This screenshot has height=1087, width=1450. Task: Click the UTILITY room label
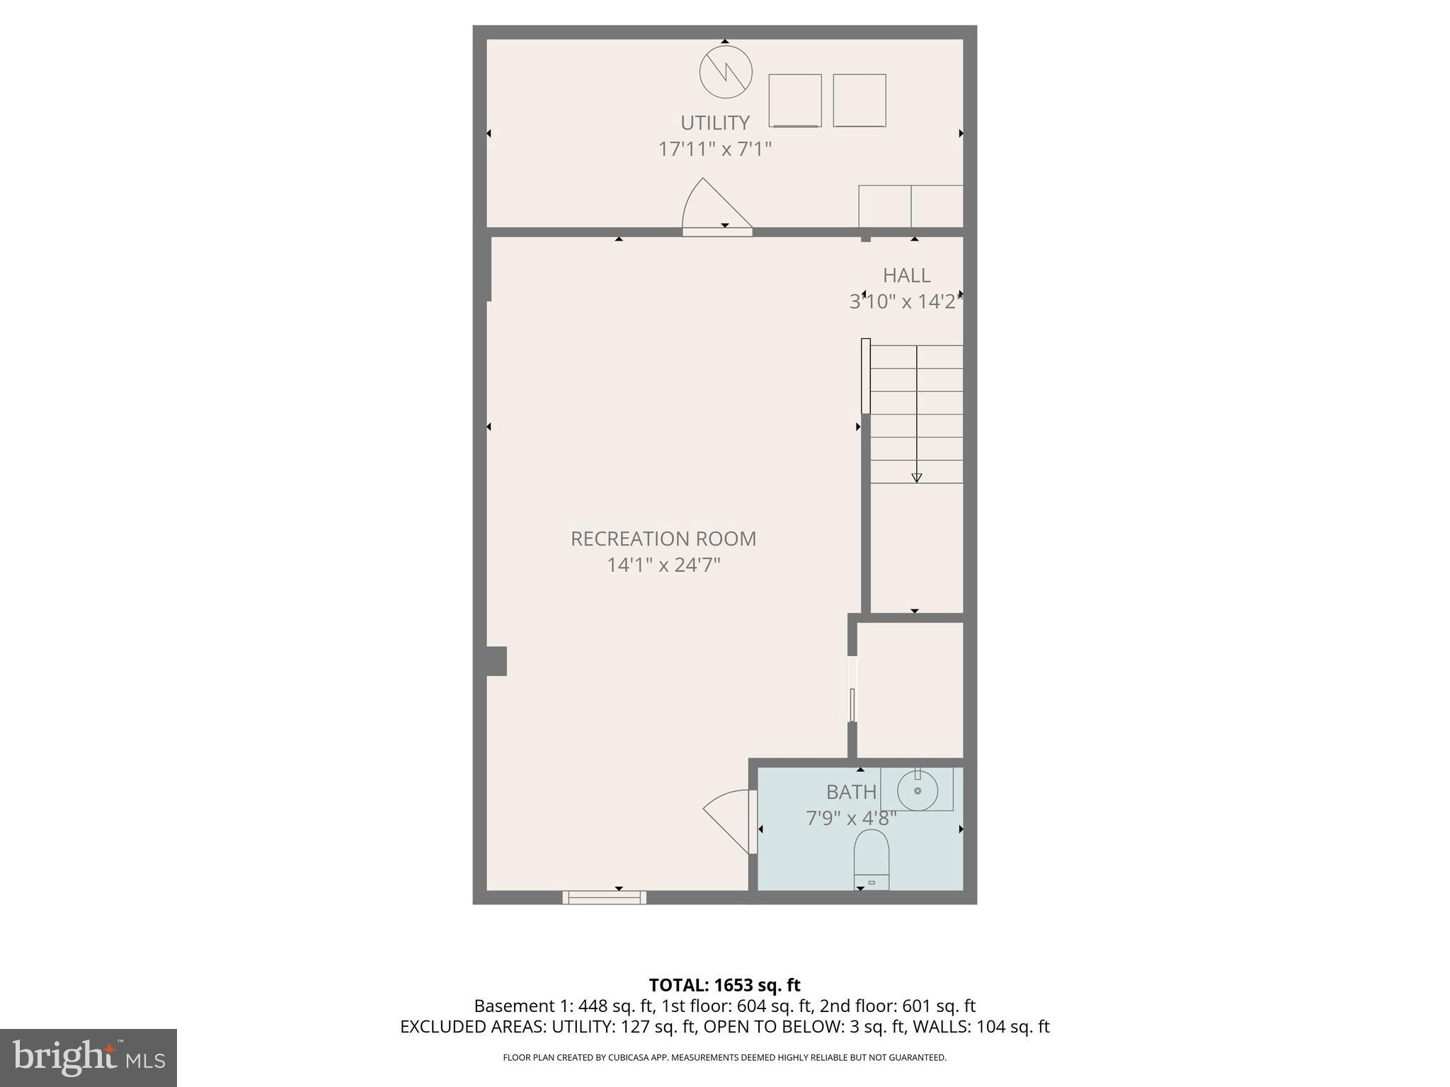(714, 123)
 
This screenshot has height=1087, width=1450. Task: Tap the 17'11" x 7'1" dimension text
(714, 149)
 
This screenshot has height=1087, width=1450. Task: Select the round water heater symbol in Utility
(726, 72)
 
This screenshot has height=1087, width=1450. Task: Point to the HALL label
(906, 275)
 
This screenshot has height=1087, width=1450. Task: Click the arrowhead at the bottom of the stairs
(916, 478)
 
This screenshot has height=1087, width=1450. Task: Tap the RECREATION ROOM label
(663, 539)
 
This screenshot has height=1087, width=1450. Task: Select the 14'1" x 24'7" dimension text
(663, 565)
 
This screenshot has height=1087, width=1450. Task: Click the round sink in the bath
(918, 790)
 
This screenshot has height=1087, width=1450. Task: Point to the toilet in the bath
(872, 858)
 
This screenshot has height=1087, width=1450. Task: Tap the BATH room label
(851, 792)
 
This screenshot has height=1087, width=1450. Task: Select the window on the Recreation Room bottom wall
(605, 897)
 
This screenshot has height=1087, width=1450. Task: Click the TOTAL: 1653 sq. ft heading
(724, 985)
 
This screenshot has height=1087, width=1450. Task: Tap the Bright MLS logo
(88, 1057)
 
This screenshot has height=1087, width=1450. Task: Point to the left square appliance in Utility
(795, 100)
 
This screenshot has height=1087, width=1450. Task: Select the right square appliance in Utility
(860, 100)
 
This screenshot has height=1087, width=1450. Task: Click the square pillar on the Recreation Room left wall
(496, 661)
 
